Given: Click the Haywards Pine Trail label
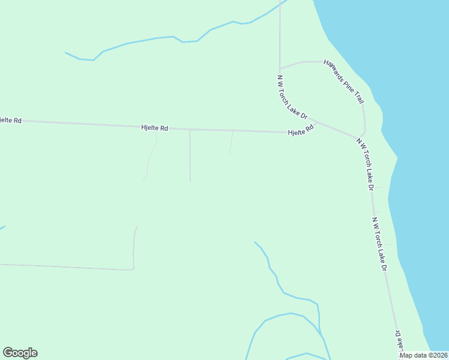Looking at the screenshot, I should pos(344,81).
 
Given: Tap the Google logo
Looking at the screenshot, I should pos(20,353).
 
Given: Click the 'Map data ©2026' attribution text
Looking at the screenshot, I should pos(424,355).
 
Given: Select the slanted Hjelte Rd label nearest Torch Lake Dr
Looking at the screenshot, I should pos(301,130).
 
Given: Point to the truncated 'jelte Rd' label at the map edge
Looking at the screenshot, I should pos(10,120).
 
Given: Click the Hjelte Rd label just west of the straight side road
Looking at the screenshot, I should pos(154,127).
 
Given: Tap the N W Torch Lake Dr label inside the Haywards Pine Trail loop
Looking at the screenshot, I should pos(292,96).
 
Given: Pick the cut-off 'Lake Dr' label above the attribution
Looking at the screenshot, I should pos(398,340).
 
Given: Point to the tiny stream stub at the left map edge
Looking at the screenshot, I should pos(2,227).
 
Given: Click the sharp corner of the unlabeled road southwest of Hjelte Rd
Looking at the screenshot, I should pos(133,269).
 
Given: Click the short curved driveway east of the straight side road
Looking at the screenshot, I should pos(231,144).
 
